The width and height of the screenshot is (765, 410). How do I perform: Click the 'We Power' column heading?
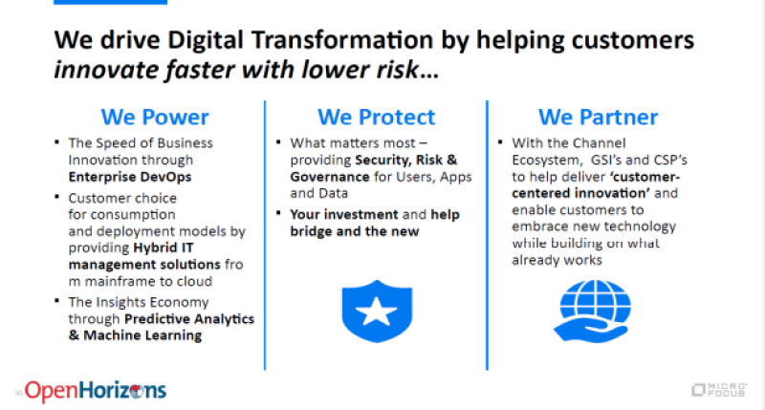click(x=155, y=118)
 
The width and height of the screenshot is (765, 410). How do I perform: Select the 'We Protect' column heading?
click(x=376, y=118)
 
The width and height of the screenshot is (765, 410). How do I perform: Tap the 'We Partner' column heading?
click(x=599, y=118)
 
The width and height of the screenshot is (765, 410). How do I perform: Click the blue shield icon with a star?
click(x=377, y=311)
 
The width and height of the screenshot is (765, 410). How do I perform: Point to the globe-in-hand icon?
click(x=592, y=311)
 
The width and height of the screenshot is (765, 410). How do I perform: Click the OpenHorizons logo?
click(x=95, y=391)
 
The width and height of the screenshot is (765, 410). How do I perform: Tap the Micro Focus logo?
click(x=719, y=390)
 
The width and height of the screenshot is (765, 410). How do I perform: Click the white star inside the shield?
click(x=376, y=312)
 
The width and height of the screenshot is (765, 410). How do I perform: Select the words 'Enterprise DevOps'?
click(x=130, y=177)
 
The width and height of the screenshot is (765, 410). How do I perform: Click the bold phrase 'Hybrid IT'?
click(x=164, y=248)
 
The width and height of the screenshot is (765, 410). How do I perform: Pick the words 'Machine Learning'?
click(x=142, y=335)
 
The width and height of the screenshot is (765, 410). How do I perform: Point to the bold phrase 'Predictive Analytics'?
click(x=189, y=319)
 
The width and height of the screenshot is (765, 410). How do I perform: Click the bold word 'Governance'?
click(x=330, y=177)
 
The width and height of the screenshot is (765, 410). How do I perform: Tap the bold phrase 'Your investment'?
click(x=344, y=214)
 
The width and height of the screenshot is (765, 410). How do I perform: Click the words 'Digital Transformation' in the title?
click(x=300, y=40)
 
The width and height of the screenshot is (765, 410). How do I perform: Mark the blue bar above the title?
click(x=110, y=2)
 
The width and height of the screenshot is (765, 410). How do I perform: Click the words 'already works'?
click(x=557, y=260)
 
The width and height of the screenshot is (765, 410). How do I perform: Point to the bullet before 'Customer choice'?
click(x=57, y=197)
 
